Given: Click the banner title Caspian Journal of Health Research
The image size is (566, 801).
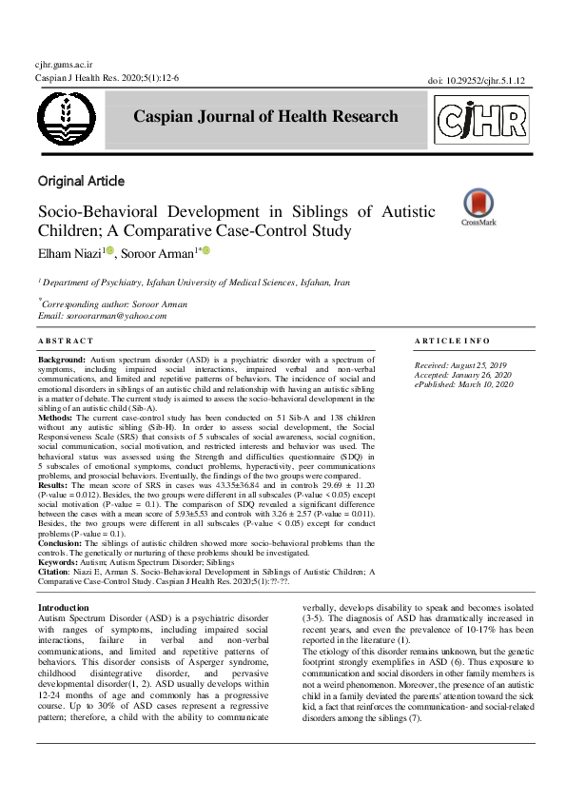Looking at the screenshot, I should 266,117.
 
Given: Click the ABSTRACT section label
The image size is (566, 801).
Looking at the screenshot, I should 66,341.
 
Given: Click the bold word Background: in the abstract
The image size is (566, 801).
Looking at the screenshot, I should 61,362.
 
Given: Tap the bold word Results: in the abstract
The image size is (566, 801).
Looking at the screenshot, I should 53,484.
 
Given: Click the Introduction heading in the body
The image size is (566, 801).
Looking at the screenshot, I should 64,607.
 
